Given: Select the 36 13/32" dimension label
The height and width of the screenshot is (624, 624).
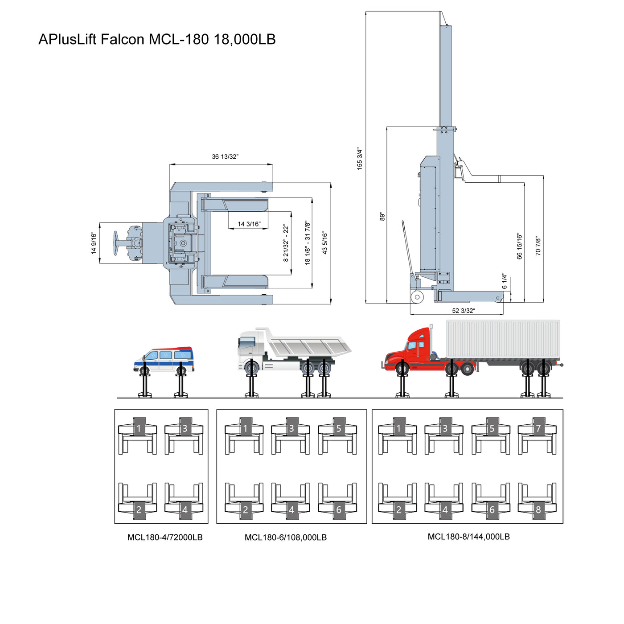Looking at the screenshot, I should coord(225,157).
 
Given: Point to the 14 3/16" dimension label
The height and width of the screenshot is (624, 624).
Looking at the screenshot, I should coord(249,224).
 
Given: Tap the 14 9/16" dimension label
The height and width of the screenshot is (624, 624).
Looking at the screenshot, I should coord(94,243).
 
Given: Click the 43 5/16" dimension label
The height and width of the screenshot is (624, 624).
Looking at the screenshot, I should coord(325,243).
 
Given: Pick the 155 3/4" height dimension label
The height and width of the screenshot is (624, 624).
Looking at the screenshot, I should coord(360,159).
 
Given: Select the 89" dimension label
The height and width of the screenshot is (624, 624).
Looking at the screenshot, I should coord(382,216).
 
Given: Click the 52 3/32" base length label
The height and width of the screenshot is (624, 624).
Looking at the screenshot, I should coord(463,311).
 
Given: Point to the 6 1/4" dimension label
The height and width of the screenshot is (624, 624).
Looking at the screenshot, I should coord(505,281).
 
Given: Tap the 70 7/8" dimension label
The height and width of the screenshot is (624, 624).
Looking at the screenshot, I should coord(538,246).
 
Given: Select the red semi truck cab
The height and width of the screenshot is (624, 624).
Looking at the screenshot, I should coord(410,350).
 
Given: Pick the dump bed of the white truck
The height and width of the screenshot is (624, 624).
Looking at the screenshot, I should coord(308,345).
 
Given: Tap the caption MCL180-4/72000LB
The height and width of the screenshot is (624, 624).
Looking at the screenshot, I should coord(165,537).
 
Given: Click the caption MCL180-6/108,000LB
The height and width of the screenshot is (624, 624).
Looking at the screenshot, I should coord(286,537).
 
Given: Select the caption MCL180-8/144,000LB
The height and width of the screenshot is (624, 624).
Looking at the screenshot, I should coord(468,537).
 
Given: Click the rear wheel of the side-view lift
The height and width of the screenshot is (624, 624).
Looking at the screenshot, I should coord(417,297).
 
